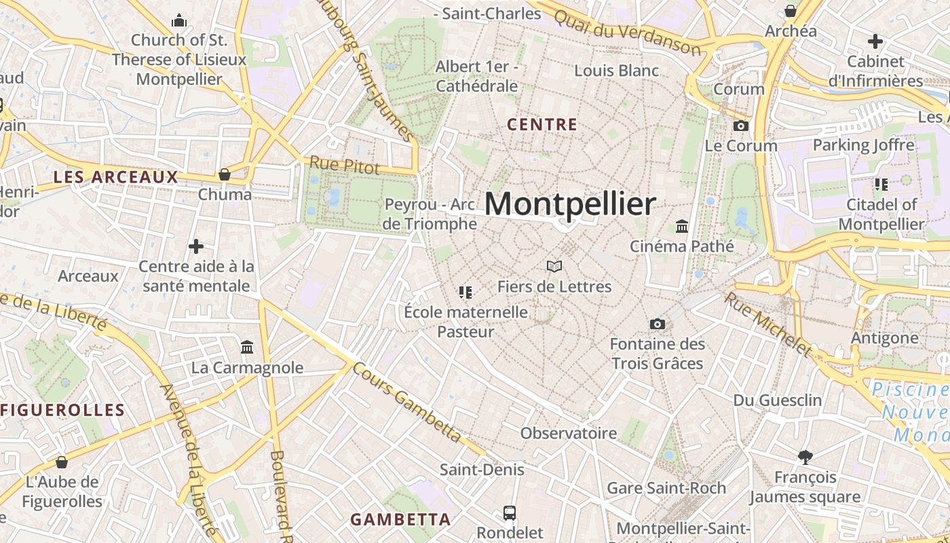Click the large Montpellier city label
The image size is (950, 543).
(571, 204)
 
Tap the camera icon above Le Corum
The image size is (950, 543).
(741, 126)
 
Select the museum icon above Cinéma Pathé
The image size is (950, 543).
(682, 226)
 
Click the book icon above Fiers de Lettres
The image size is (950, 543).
(554, 266)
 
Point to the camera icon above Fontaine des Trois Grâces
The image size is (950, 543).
(657, 324)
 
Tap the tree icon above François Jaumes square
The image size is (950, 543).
(805, 457)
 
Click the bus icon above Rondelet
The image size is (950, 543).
(510, 512)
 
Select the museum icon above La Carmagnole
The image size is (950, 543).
(247, 348)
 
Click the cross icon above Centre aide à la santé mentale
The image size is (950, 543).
(196, 246)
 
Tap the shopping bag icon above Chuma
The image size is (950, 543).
(225, 174)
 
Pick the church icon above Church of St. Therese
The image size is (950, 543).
(179, 20)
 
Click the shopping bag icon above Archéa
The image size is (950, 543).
(791, 11)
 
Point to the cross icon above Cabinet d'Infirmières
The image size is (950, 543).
(875, 41)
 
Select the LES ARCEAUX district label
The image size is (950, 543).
(115, 177)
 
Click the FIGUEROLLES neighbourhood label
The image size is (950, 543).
(63, 410)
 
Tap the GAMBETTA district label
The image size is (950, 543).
(400, 520)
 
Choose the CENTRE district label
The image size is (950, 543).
(542, 125)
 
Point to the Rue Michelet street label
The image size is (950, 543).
(767, 325)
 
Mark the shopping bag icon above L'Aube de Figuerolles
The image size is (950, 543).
(62, 462)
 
